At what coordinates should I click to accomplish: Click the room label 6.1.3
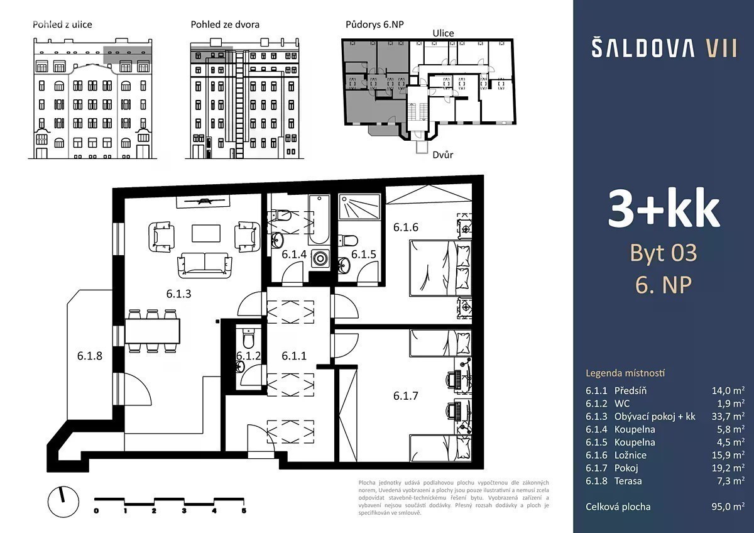(178, 294)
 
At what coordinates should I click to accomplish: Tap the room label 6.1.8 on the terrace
(89, 356)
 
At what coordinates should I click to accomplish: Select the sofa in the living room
(205, 265)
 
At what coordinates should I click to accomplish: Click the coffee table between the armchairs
(206, 233)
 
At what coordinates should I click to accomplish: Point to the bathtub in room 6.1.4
(319, 219)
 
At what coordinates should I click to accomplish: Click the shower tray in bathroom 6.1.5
(359, 207)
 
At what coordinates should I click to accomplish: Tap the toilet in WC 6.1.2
(248, 338)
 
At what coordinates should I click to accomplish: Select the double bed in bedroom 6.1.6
(440, 268)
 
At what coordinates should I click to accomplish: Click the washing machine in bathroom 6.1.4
(320, 258)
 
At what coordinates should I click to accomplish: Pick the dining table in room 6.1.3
(153, 331)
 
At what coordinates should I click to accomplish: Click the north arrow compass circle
(63, 502)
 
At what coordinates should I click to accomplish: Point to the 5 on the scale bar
(244, 510)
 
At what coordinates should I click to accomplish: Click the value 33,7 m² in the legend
(728, 416)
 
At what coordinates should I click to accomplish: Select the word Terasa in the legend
(628, 481)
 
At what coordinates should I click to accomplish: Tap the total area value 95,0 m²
(728, 507)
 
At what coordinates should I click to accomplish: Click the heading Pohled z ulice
(62, 25)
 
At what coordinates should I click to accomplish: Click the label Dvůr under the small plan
(442, 155)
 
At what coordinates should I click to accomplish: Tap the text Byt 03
(663, 253)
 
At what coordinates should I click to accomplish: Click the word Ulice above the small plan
(443, 33)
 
